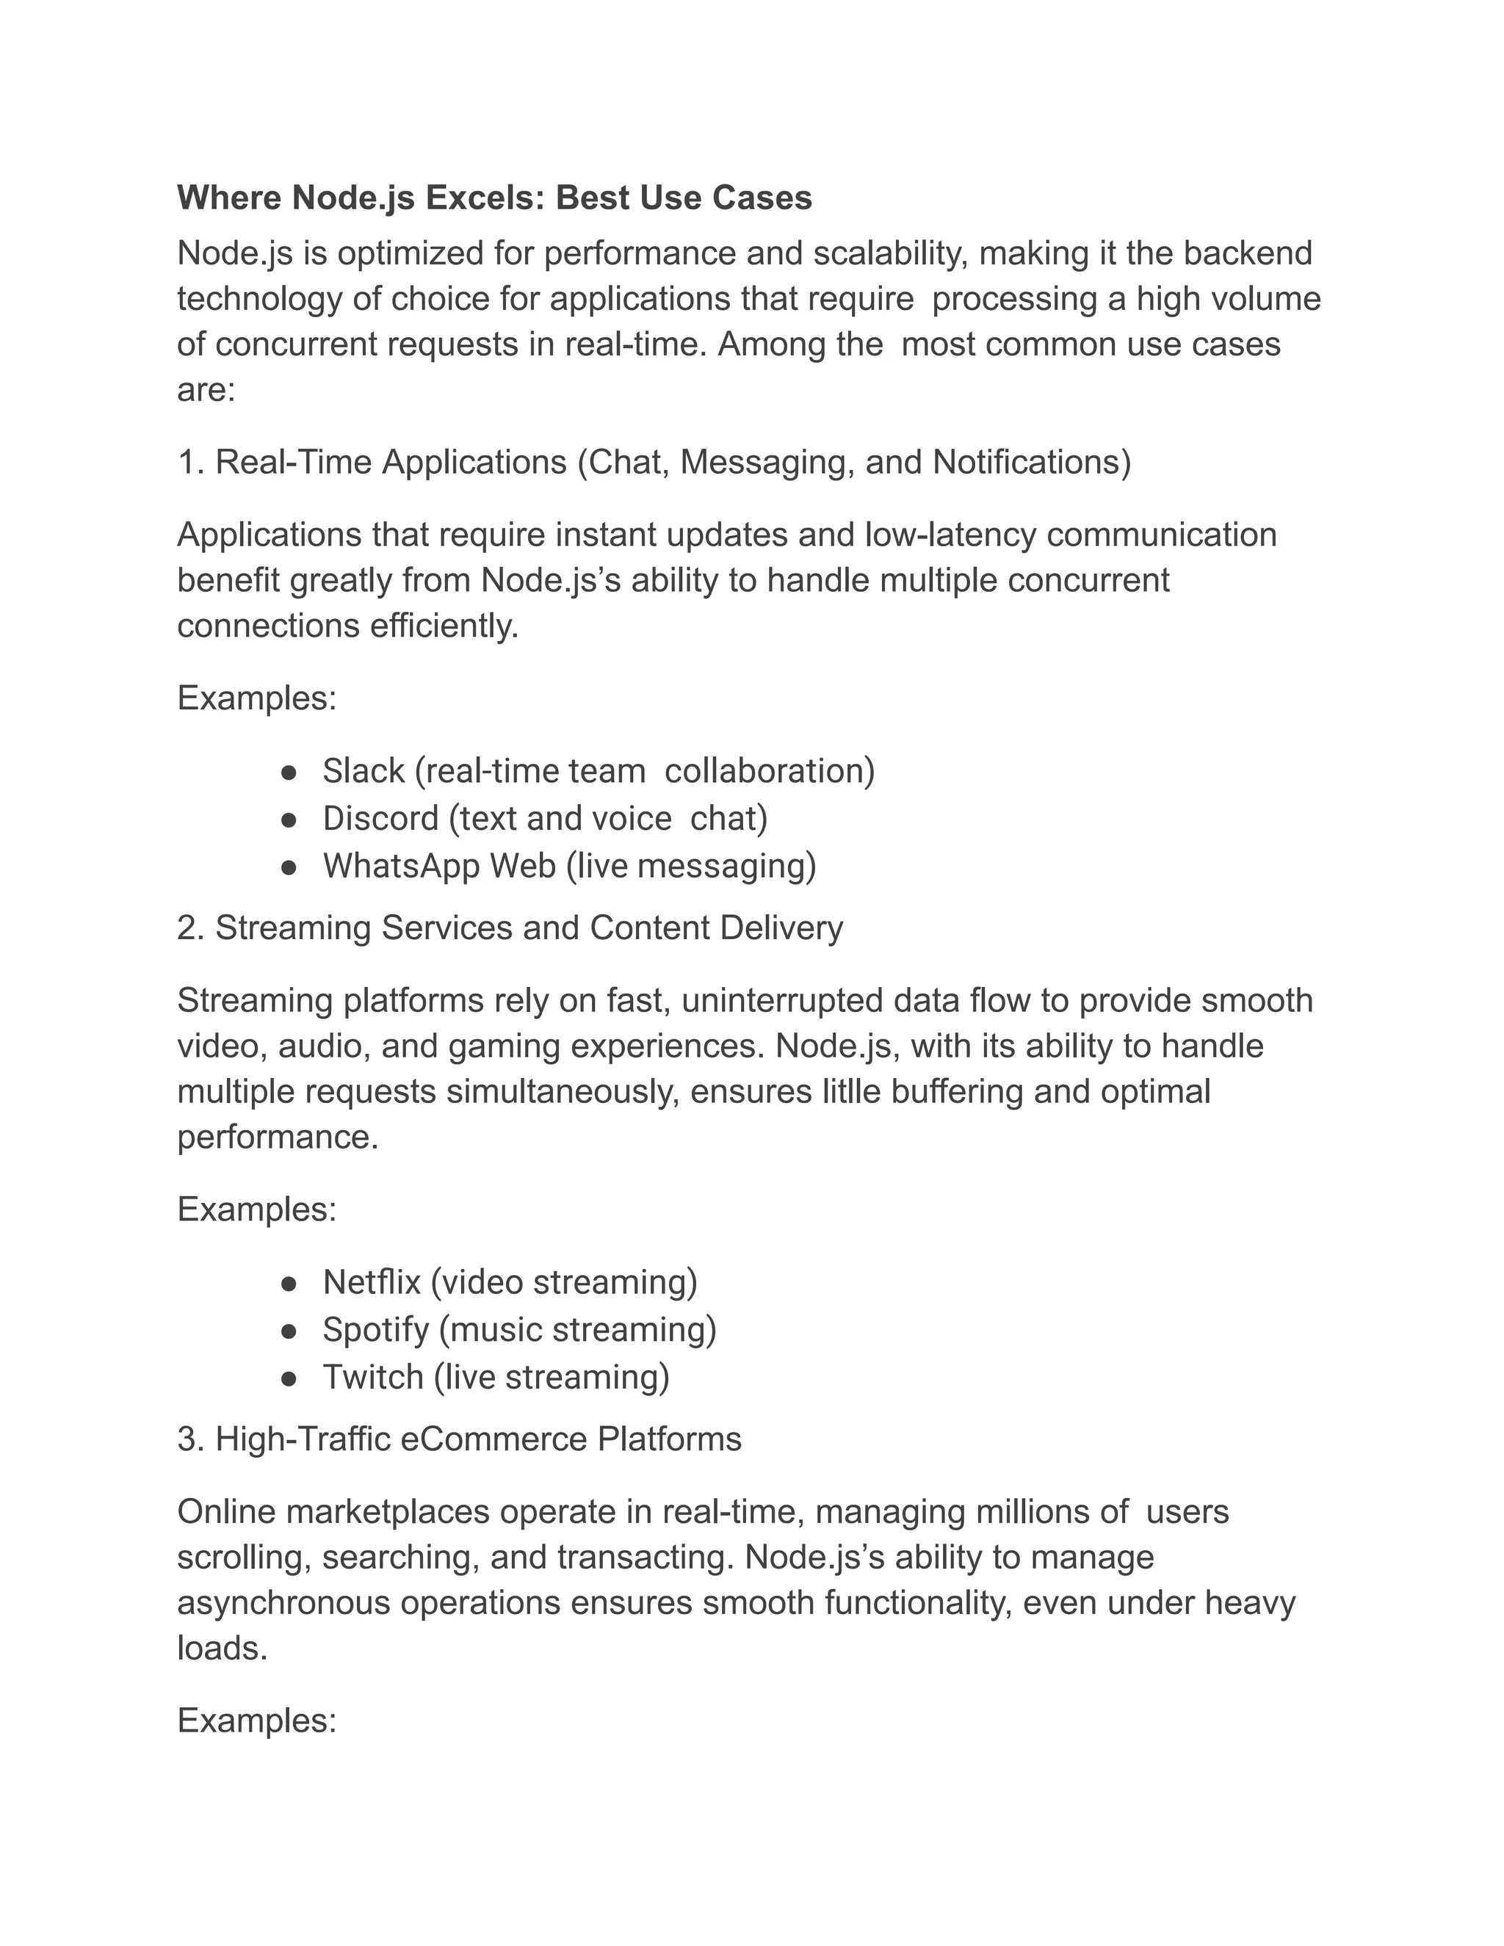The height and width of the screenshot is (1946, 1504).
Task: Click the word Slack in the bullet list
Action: tap(364, 771)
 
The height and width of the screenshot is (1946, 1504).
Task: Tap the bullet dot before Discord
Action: tap(288, 820)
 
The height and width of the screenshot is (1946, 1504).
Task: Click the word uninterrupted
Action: tap(781, 1001)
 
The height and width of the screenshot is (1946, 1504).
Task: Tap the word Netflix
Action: tap(372, 1282)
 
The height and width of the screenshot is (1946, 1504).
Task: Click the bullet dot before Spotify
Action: tap(288, 1331)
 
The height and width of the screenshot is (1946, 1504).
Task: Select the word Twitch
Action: tap(372, 1378)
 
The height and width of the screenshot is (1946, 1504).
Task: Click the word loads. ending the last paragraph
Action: tap(222, 1649)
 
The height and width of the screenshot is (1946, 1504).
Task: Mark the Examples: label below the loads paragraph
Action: tap(256, 1721)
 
